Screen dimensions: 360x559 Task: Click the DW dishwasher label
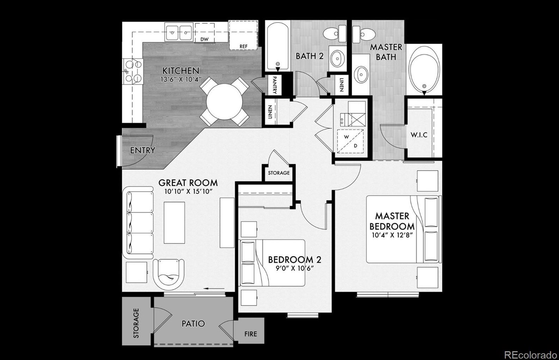(204, 39)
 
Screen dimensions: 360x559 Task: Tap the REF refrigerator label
(243, 46)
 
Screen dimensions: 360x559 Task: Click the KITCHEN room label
(181, 71)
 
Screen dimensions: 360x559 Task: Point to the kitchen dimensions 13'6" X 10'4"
(181, 79)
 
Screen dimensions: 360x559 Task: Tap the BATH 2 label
(309, 56)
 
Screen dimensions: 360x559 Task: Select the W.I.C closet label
(419, 135)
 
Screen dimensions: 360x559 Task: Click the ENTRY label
(142, 151)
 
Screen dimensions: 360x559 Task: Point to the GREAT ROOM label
(188, 183)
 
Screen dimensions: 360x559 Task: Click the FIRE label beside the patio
(251, 334)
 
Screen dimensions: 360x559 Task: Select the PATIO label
(193, 323)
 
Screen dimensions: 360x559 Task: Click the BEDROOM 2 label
(294, 260)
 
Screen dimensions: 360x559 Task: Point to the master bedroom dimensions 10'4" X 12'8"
(392, 235)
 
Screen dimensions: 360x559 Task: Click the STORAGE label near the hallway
(279, 173)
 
